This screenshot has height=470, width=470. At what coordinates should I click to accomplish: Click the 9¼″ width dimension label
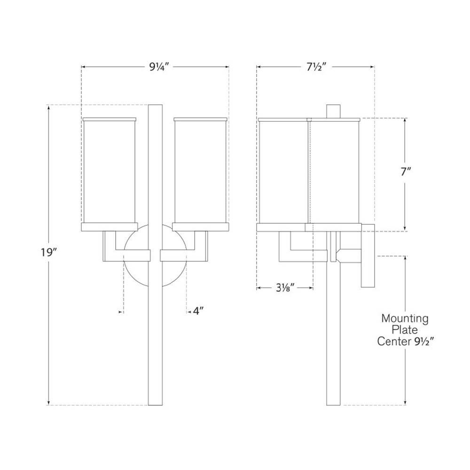[x=159, y=67]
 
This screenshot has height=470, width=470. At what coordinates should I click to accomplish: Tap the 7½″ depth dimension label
[x=316, y=67]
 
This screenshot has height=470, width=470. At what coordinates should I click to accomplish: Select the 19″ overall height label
[x=49, y=253]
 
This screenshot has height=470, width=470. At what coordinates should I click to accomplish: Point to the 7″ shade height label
[x=406, y=172]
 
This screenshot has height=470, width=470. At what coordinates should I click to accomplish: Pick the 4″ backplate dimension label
[x=198, y=312]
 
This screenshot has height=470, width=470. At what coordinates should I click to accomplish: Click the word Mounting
[x=405, y=319]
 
